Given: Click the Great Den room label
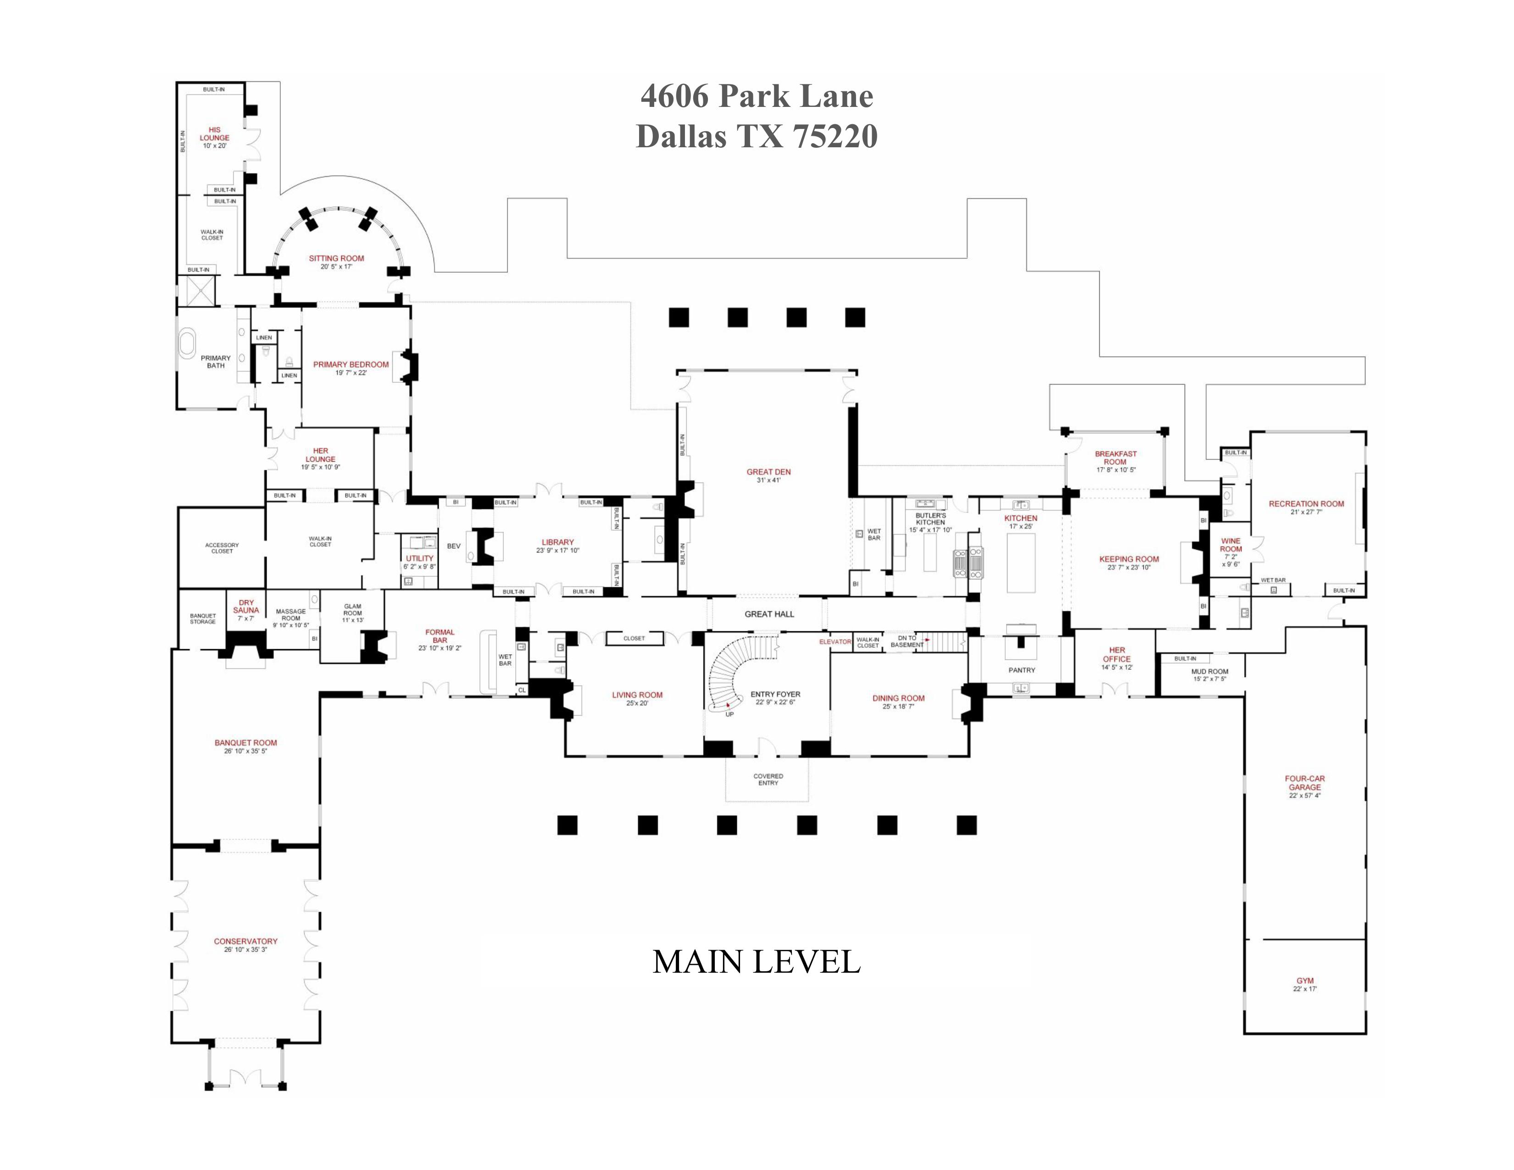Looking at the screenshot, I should click(768, 472).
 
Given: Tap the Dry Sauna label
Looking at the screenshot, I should click(246, 607).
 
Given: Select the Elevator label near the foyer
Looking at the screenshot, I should click(835, 642).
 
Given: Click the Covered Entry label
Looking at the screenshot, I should click(768, 780).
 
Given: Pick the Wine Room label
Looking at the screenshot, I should click(1230, 545).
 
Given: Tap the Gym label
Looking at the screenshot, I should click(1305, 981).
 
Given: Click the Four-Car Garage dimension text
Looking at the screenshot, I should click(1305, 796).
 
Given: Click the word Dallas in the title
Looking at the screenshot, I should click(682, 137).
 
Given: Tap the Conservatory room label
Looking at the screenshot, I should click(245, 941).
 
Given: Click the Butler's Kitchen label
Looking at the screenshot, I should click(930, 518).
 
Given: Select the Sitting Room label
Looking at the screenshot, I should click(336, 258).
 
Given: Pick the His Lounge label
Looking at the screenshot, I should click(214, 134).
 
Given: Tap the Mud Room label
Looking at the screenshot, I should click(1210, 672).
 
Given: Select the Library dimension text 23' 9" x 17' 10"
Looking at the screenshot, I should click(557, 551).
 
